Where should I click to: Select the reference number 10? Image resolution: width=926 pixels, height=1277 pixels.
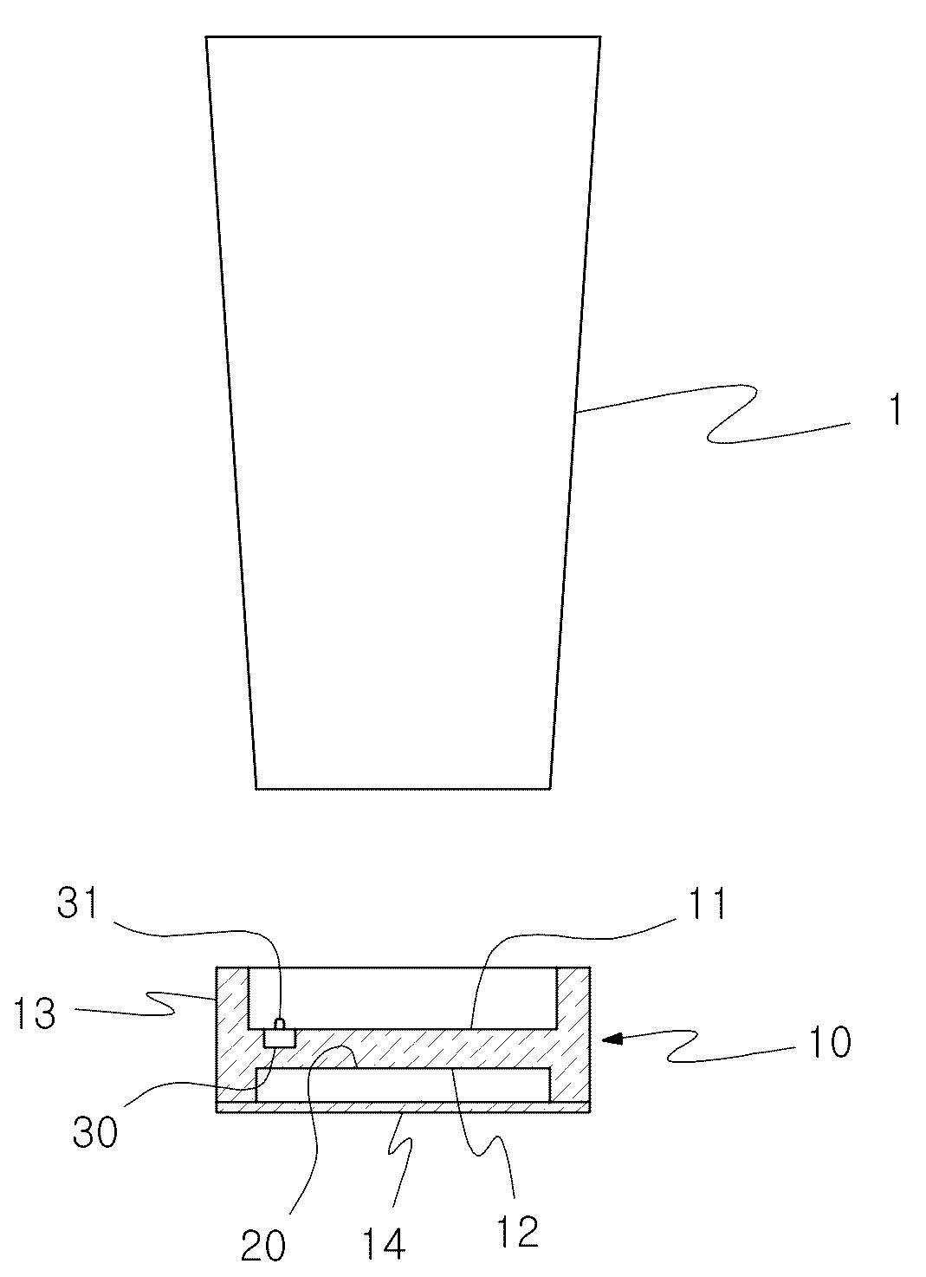(830, 1042)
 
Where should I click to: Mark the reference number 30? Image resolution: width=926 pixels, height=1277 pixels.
(95, 1131)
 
